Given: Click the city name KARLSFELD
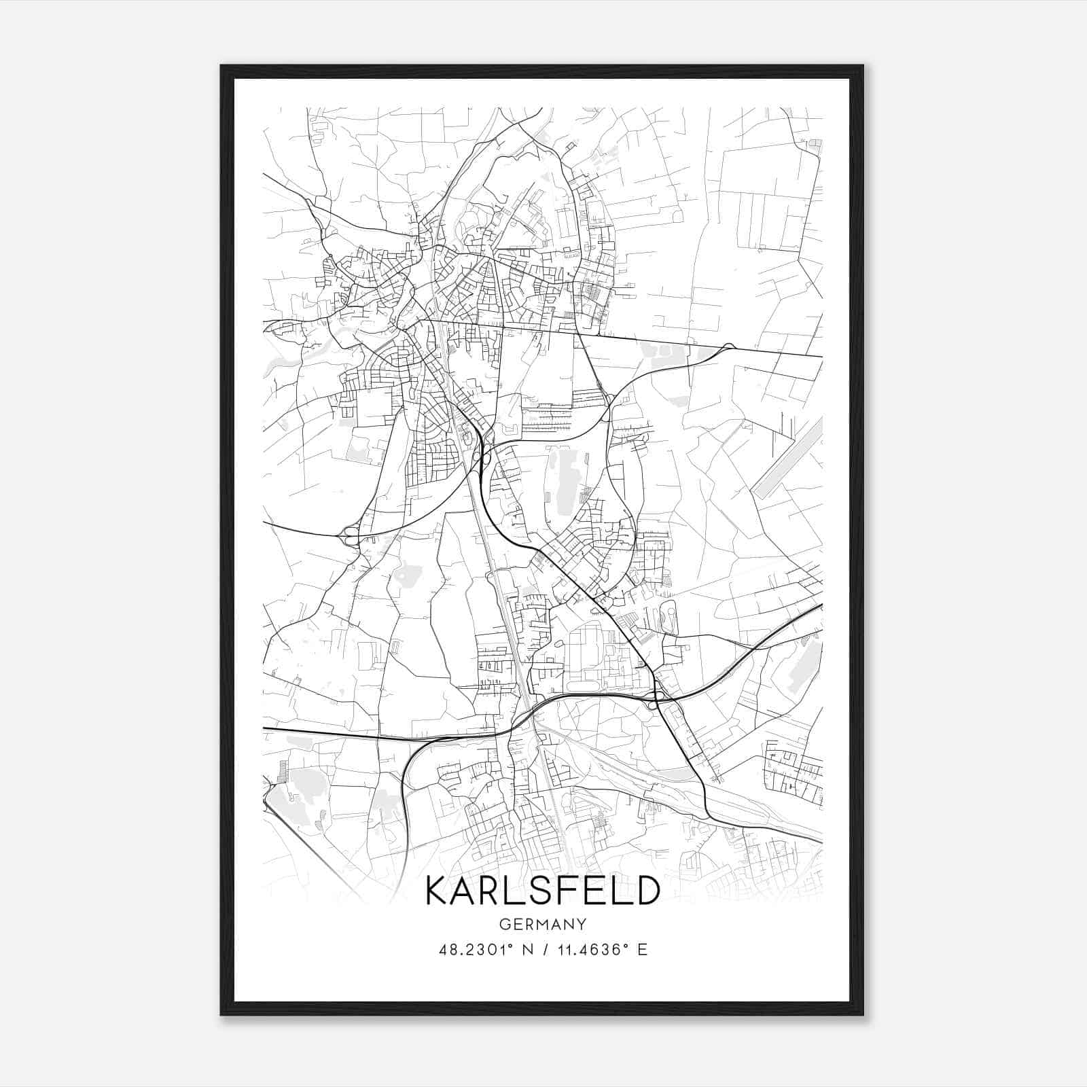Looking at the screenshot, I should [542, 891].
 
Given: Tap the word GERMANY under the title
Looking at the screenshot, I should [542, 925].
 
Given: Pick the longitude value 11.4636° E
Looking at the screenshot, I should [602, 950].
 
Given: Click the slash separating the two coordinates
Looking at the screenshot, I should [543, 950].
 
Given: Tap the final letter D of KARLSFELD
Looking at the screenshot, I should [648, 891].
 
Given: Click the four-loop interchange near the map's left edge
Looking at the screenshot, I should [351, 536].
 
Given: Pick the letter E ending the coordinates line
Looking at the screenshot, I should [642, 950].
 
